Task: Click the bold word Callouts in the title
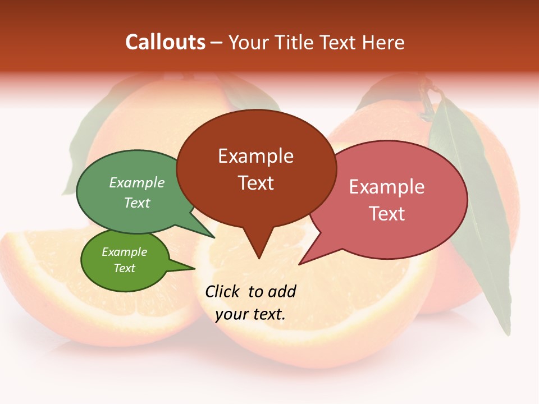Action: (165, 42)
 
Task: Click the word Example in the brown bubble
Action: (255, 156)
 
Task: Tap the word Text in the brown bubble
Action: (255, 183)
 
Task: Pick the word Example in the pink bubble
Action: (387, 187)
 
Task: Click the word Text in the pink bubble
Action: (387, 214)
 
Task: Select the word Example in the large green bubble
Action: (137, 183)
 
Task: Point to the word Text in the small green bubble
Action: (125, 268)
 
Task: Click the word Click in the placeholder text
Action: (223, 292)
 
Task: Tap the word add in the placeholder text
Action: (282, 292)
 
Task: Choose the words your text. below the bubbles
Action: (250, 314)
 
